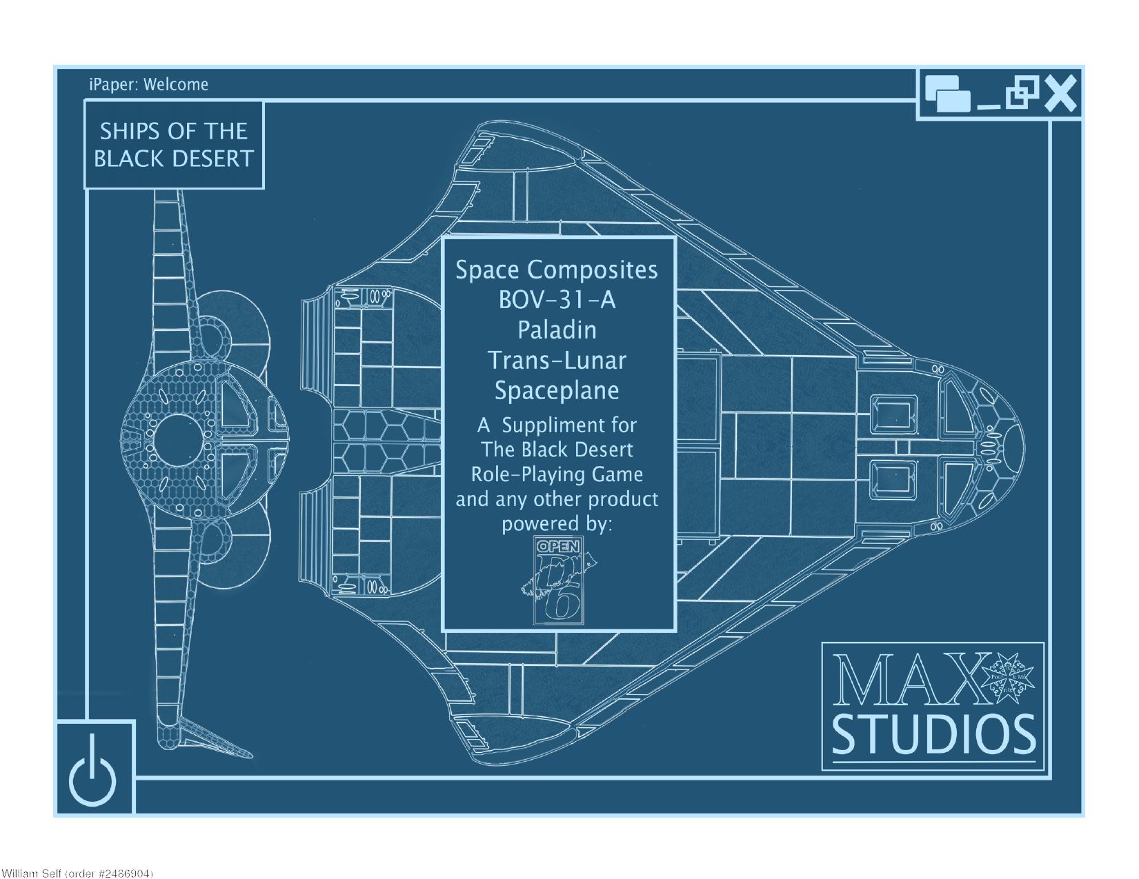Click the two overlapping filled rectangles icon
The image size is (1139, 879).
click(947, 94)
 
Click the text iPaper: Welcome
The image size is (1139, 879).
click(148, 85)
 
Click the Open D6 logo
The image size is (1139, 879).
click(559, 581)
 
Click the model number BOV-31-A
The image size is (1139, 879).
click(557, 300)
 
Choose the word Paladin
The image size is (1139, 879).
click(557, 330)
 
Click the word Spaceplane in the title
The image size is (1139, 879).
click(557, 391)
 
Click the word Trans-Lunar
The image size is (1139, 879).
click(557, 361)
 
